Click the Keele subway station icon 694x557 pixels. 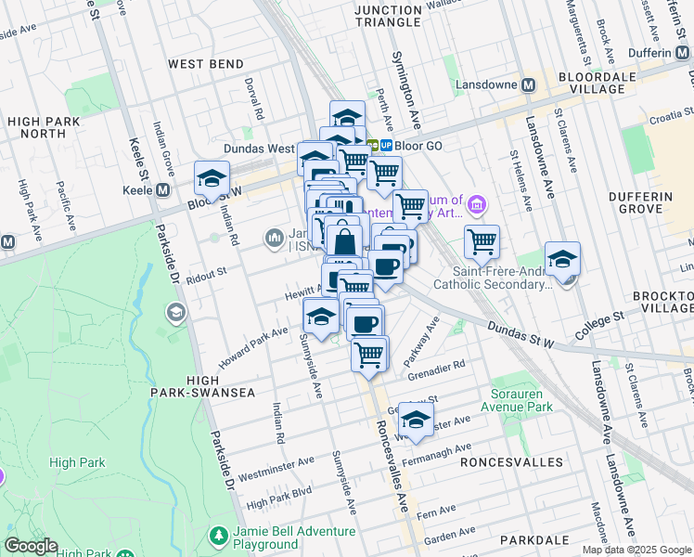162,189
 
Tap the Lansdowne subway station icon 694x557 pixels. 528,84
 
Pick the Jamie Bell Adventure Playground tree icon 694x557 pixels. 218,537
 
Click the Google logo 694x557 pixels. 32,546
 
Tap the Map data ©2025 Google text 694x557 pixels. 636,550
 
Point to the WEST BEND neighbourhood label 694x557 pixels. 204,64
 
